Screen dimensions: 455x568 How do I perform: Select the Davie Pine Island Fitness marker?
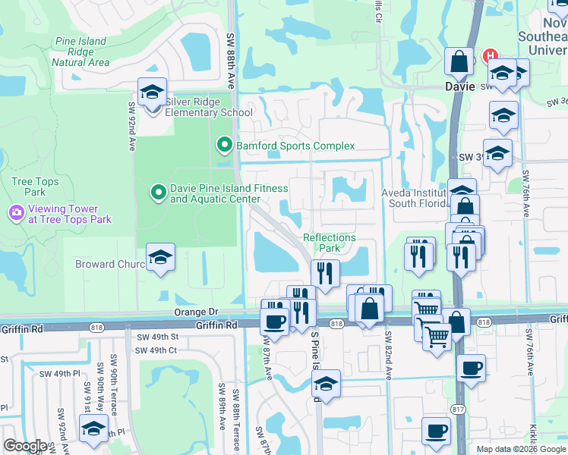[158, 193]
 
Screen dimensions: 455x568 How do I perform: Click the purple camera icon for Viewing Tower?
[15, 213]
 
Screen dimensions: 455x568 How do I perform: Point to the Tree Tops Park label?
[29, 187]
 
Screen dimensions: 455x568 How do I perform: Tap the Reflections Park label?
[330, 243]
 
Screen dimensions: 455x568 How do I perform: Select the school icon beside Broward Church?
[160, 258]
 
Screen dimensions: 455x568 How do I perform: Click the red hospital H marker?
[491, 56]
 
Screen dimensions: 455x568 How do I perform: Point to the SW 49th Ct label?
[156, 350]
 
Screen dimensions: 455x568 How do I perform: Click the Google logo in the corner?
[25, 446]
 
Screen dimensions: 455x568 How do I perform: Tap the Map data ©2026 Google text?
[521, 449]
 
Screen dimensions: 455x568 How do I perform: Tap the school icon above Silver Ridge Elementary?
[152, 93]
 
